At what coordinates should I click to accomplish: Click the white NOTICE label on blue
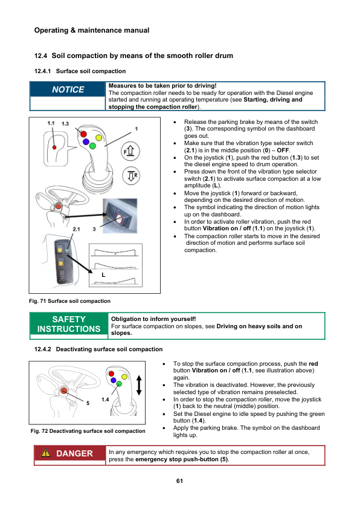tap(68, 89)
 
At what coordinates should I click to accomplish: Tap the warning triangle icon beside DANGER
tap(46, 453)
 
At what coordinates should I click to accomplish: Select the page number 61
tap(179, 481)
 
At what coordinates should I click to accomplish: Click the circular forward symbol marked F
tap(130, 151)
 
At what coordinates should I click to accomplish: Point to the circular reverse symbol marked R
tap(131, 176)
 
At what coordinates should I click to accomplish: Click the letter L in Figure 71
tap(103, 275)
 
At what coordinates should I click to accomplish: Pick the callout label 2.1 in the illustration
tap(76, 229)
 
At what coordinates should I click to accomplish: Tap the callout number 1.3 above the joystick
tap(65, 124)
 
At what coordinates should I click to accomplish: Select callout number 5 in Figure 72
tap(88, 403)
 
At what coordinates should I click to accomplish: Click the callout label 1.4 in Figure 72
tap(105, 400)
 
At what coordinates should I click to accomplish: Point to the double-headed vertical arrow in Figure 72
tap(139, 385)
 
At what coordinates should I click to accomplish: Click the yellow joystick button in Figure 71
tap(99, 138)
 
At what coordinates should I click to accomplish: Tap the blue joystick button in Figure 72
tap(113, 380)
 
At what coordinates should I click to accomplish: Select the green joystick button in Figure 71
tap(92, 146)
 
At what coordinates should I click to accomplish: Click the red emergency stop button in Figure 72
tap(64, 391)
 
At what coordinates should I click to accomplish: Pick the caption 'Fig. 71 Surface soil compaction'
tap(69, 301)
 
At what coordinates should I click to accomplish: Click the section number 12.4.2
tap(43, 349)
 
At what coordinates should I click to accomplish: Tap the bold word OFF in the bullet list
tap(283, 151)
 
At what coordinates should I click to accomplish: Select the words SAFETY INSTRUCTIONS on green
tap(69, 324)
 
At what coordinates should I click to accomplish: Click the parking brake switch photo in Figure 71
tap(120, 216)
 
